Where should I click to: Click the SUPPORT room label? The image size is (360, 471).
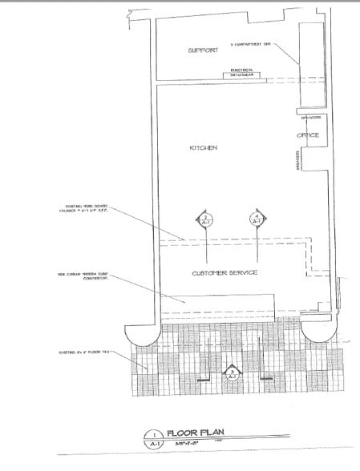pos(204,50)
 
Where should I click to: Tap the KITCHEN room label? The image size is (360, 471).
pos(203,148)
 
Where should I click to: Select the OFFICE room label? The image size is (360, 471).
pos(308,135)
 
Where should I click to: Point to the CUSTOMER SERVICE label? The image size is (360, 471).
pos(224,273)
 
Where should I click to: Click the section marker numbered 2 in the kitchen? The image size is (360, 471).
pos(206,220)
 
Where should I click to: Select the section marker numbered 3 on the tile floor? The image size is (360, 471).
pos(232,372)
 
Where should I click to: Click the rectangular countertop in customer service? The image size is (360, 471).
pos(217,304)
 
